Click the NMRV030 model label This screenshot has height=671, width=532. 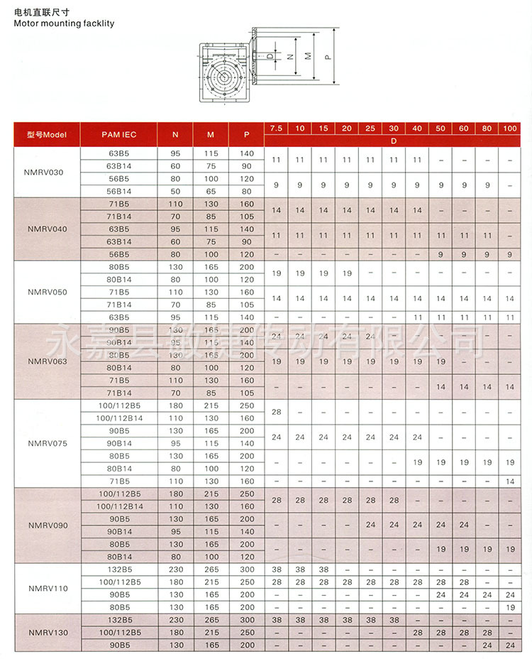[x=46, y=172]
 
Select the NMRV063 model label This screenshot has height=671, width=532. [x=46, y=361]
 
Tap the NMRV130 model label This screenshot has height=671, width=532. [x=46, y=632]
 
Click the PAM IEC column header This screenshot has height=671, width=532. [x=118, y=134]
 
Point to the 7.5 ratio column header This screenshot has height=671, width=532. [x=275, y=128]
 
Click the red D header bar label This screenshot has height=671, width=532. [x=392, y=141]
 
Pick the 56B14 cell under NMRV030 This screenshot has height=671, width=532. [x=118, y=191]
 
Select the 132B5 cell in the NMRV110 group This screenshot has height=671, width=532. [x=118, y=569]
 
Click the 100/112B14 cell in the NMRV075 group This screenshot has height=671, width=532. [x=118, y=418]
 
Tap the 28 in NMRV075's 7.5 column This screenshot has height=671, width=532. [x=275, y=412]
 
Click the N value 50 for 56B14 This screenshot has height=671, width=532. [x=176, y=191]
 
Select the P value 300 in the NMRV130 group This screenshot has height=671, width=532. [x=246, y=620]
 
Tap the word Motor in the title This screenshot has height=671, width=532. [x=26, y=23]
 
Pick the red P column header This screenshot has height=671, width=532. [x=246, y=134]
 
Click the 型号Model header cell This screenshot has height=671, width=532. [x=46, y=134]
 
